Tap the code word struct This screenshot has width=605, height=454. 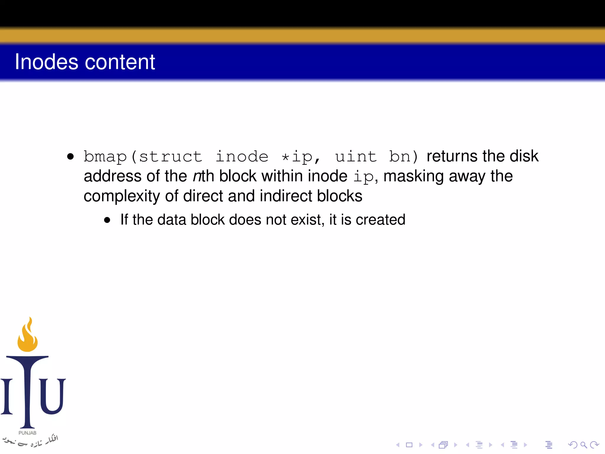click(x=170, y=156)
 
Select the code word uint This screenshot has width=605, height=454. click(x=356, y=156)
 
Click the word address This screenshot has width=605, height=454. click(x=113, y=176)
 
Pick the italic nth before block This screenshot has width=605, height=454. click(x=203, y=176)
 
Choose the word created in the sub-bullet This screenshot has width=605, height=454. click(x=380, y=220)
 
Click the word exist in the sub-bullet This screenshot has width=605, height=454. click(x=307, y=220)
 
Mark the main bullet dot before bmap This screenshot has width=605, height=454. click(x=70, y=156)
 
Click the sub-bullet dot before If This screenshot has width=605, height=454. click(x=107, y=220)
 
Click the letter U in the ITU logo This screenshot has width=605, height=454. click(x=53, y=396)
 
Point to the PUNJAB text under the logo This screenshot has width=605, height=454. click(x=27, y=433)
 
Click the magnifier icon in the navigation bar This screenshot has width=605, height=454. click(x=583, y=445)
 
